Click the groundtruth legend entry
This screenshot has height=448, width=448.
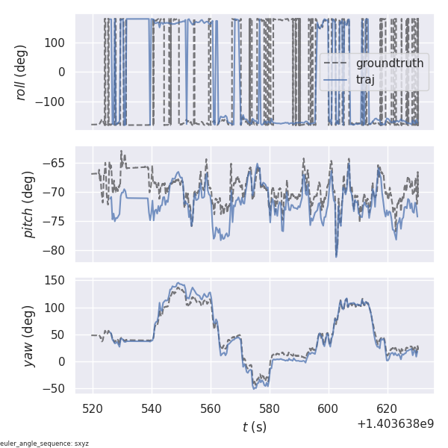pos(389,63)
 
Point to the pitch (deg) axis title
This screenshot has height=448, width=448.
pos(28,204)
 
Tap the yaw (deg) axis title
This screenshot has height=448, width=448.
pos(28,336)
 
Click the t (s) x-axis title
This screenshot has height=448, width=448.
pos(254,427)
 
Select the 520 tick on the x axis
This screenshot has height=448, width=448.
pos(93,408)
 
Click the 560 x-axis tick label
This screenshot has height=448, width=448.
pos(211,408)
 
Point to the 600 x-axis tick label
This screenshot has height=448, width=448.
pos(329,408)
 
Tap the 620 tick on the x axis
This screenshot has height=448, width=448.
pos(388,408)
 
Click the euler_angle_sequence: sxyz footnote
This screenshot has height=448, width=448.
pos(45,444)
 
